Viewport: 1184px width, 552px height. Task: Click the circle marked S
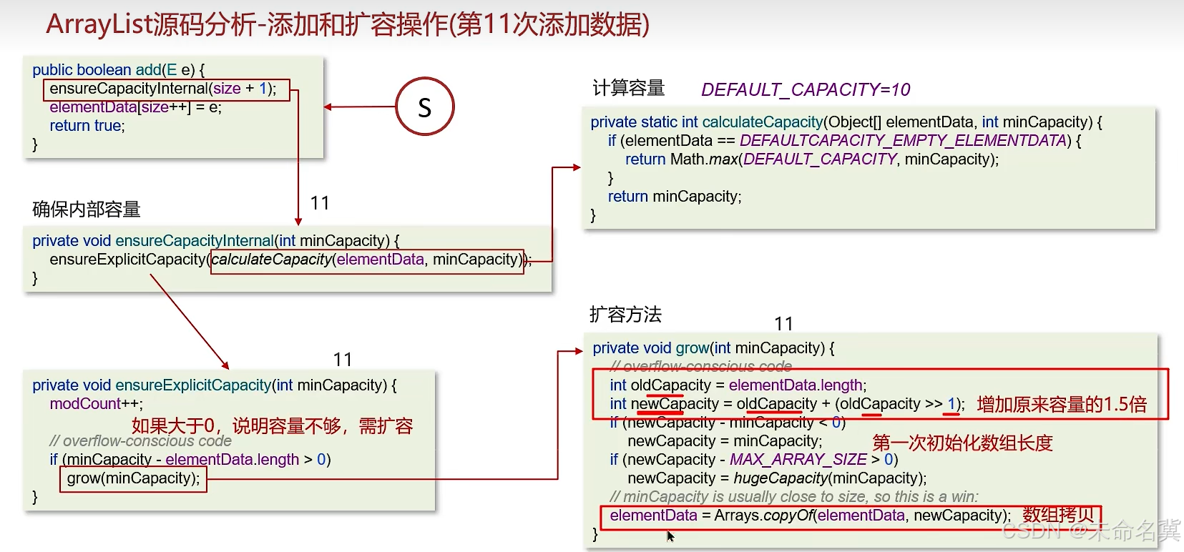(x=425, y=107)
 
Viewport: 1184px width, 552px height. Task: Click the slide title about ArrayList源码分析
(x=348, y=24)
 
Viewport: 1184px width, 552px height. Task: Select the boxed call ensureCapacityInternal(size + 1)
(x=166, y=89)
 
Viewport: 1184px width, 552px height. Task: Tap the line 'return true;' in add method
(x=87, y=126)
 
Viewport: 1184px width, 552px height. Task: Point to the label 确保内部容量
(x=87, y=210)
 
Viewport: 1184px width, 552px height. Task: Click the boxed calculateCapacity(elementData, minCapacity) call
(x=367, y=260)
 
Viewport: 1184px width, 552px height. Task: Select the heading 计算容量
(x=628, y=88)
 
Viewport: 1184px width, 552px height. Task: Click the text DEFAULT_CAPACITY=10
(x=805, y=89)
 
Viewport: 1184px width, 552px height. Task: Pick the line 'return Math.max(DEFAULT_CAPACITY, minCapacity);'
(x=811, y=159)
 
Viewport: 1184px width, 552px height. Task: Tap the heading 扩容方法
(x=625, y=315)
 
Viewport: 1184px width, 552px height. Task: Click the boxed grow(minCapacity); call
(x=133, y=478)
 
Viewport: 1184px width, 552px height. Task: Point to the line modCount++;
(x=96, y=404)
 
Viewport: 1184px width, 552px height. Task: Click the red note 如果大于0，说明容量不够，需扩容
(x=272, y=426)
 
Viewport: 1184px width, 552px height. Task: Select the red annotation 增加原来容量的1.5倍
(x=1061, y=405)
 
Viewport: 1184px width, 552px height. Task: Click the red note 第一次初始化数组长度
(x=962, y=443)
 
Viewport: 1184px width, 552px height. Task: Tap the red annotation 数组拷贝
(x=1058, y=515)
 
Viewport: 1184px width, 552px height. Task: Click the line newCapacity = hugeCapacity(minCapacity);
(x=776, y=478)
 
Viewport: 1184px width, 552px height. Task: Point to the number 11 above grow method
(x=783, y=324)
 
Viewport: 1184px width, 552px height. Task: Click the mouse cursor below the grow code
(x=670, y=536)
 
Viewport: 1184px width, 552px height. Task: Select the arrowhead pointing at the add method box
(x=328, y=107)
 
